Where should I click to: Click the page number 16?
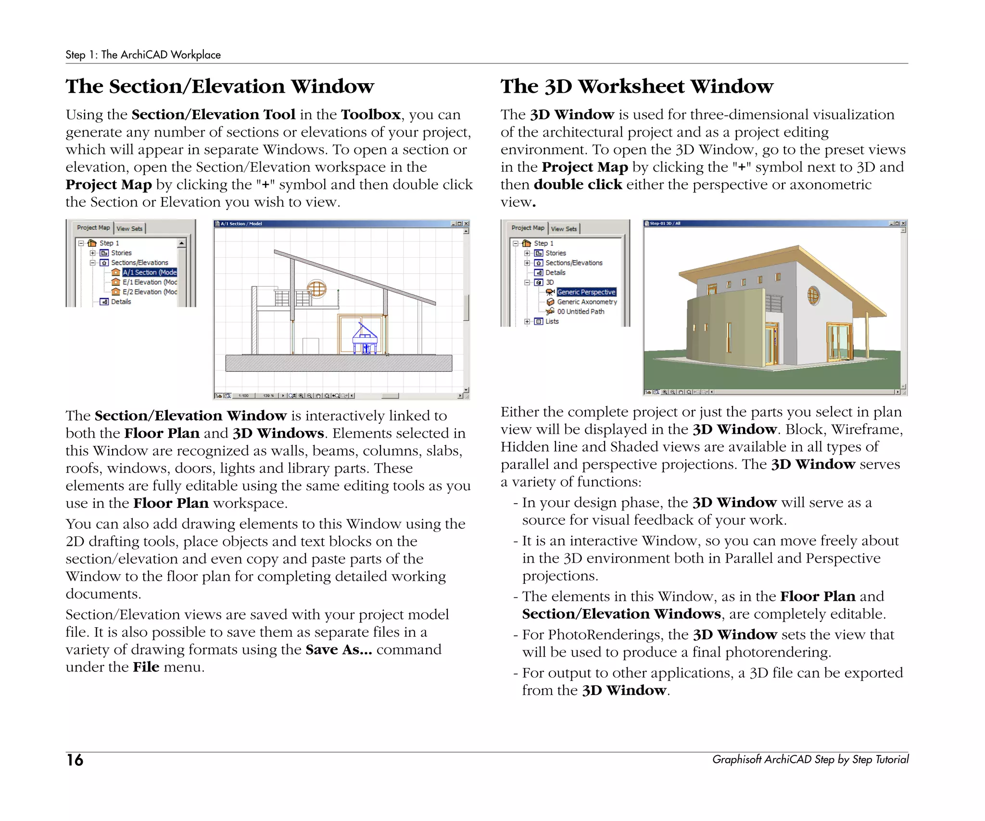[x=75, y=760]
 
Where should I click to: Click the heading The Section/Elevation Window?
[x=220, y=87]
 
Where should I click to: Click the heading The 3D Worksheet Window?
[x=637, y=87]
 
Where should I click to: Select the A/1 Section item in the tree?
[x=149, y=272]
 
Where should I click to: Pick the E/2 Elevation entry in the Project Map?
[x=149, y=292]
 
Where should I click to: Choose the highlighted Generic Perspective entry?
[x=586, y=292]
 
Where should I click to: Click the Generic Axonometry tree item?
[x=586, y=302]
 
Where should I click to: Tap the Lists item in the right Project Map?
[x=552, y=321]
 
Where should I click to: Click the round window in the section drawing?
[x=316, y=289]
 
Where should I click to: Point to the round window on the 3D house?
[x=813, y=295]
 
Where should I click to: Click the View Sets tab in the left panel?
[x=130, y=228]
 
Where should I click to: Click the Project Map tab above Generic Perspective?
[x=528, y=228]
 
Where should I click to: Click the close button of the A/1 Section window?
[x=466, y=224]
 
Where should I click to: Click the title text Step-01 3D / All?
[x=665, y=223]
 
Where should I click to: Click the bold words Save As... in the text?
[x=339, y=650]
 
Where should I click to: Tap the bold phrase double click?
[x=578, y=185]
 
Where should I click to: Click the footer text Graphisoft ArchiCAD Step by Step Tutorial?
[x=810, y=759]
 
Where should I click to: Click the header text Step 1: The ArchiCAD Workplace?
[x=143, y=55]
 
